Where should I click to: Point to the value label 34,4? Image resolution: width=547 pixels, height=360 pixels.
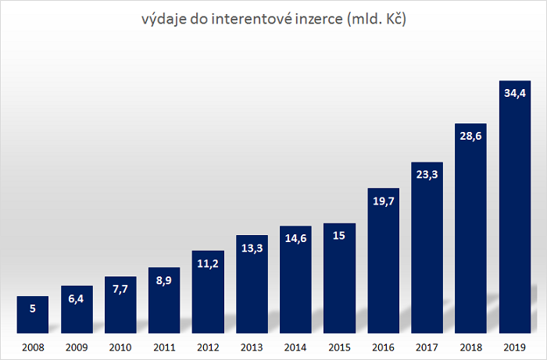[x=514, y=93]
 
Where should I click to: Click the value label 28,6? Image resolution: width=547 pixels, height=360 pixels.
[x=470, y=135]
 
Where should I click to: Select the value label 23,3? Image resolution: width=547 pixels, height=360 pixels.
[x=427, y=174]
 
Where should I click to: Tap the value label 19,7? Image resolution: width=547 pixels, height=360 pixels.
[x=383, y=201]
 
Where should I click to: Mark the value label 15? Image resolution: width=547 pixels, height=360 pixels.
[x=339, y=236]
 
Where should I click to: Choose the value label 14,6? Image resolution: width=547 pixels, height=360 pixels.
[x=295, y=239]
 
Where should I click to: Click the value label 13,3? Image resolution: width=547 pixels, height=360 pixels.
[x=252, y=248]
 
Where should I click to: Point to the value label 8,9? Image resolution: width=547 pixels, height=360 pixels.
[x=164, y=280]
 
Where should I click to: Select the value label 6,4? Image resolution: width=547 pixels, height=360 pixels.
[x=77, y=299]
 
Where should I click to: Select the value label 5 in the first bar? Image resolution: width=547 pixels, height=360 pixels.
[x=33, y=309]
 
